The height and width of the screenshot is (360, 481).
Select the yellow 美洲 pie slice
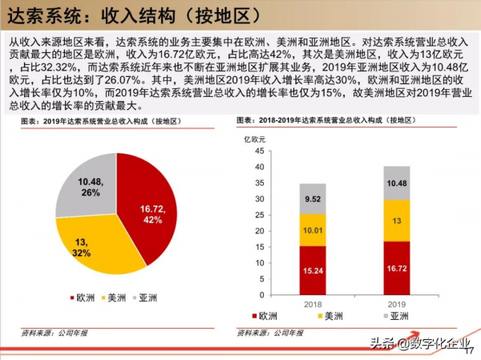88,249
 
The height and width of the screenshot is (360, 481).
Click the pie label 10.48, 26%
90,187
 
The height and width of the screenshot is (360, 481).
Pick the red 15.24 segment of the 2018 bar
313,269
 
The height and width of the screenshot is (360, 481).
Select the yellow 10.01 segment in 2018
313,229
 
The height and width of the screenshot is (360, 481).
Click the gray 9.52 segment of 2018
313,198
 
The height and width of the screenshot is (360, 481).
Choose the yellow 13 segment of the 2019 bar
396,220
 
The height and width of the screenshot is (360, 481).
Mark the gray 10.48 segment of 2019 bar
396,183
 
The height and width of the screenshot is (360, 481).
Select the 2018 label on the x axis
313,304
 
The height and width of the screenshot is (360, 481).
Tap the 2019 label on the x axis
396,304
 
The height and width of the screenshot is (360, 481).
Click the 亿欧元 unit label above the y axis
265,138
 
